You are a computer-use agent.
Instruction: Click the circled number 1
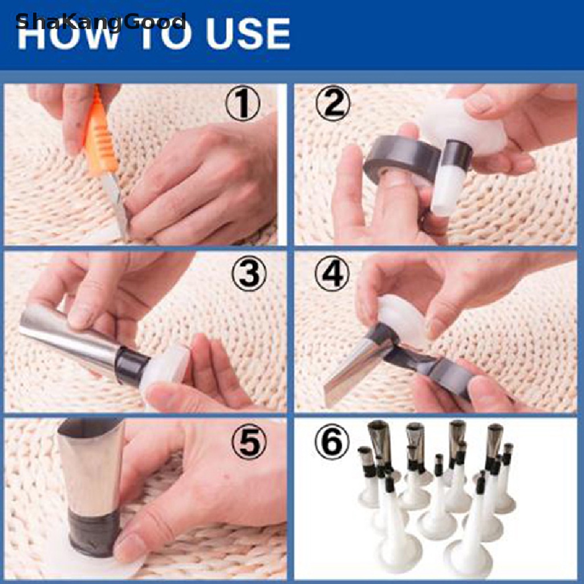pos(242,103)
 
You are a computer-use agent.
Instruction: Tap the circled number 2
pos(333,103)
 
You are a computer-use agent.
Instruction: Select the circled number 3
pos(249,273)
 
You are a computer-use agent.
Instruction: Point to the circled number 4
pos(332,273)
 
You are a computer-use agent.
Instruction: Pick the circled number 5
pos(249,442)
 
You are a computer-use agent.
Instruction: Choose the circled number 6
pos(332,442)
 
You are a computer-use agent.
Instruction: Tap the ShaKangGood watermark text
pos(100,22)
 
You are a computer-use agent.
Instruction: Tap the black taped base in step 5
pos(94,533)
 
